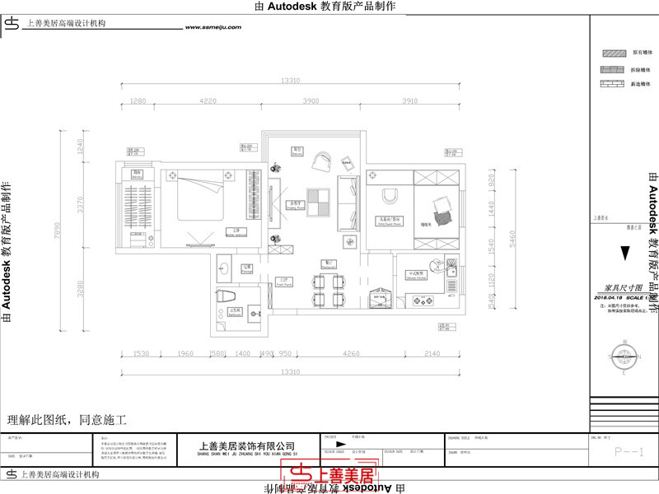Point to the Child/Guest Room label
(x=390, y=220)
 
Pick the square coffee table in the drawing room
(x=319, y=198)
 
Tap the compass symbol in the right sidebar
(x=624, y=347)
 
